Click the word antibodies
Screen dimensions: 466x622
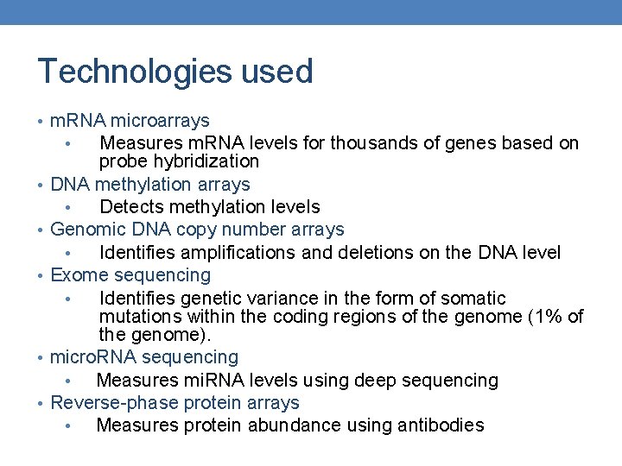point(441,425)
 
